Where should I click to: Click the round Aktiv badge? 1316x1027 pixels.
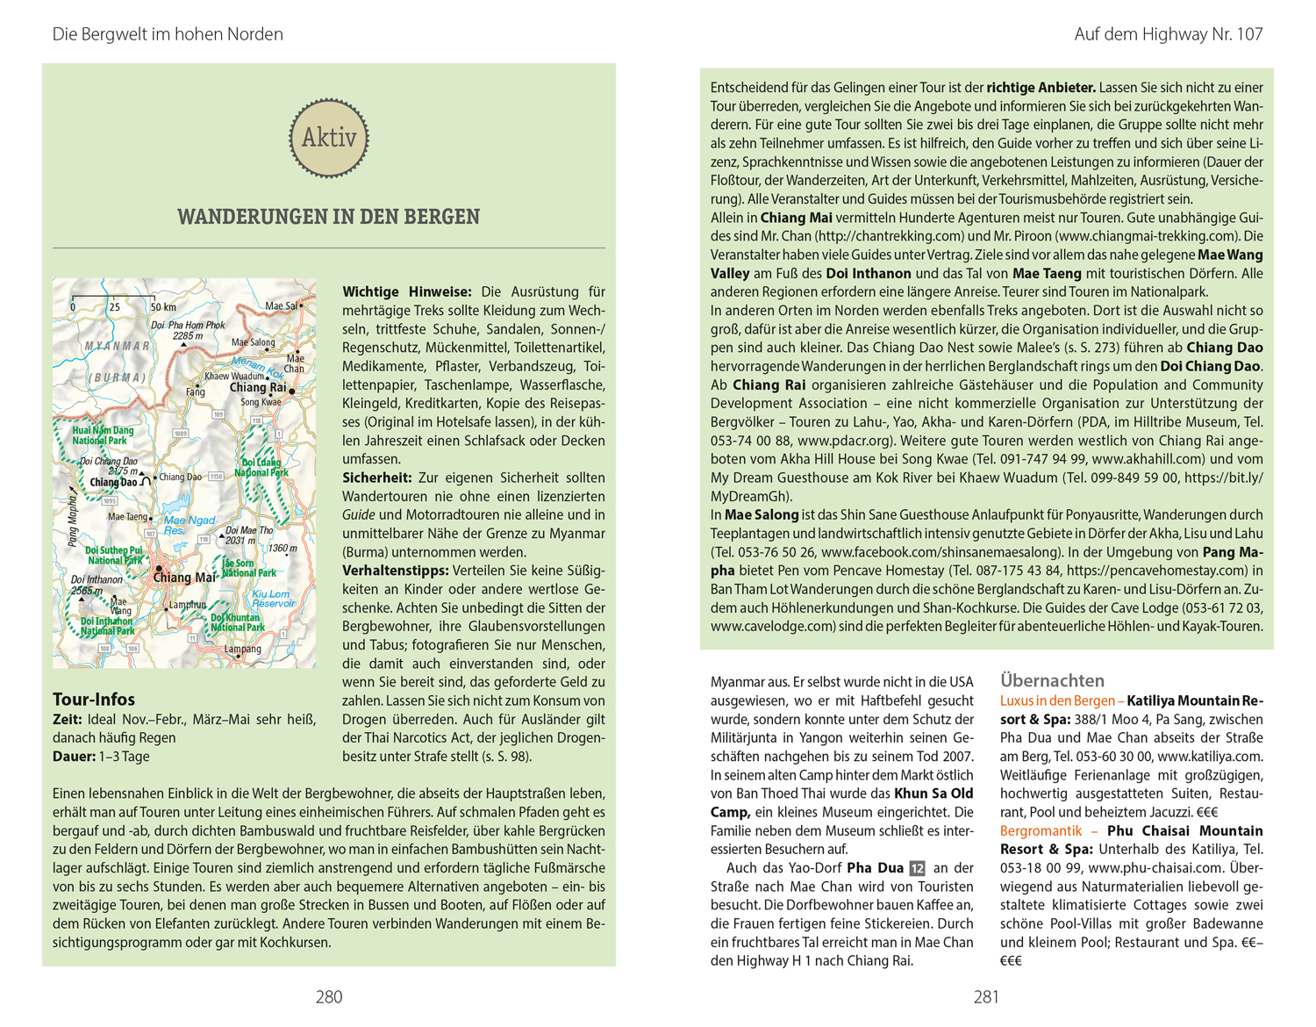click(x=329, y=138)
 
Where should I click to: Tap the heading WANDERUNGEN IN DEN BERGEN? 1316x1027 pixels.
click(x=328, y=217)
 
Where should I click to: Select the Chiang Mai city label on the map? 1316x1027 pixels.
click(x=184, y=577)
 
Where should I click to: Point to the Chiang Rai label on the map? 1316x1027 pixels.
click(x=258, y=387)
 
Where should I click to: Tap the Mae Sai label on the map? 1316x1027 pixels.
click(x=283, y=305)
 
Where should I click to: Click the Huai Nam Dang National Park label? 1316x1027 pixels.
click(x=103, y=435)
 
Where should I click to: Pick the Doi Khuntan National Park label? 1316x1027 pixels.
click(x=237, y=622)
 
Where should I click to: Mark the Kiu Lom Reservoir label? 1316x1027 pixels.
click(x=273, y=599)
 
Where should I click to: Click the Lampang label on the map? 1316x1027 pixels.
click(x=243, y=649)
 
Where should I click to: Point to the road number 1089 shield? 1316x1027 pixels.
click(x=181, y=433)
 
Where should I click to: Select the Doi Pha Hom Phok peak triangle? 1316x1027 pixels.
click(x=183, y=344)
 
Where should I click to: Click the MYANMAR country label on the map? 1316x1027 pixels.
click(x=117, y=346)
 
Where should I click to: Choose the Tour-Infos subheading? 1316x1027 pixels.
click(x=94, y=700)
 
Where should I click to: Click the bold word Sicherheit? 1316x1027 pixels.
click(x=376, y=478)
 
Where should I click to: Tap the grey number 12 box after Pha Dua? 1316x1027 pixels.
click(x=917, y=868)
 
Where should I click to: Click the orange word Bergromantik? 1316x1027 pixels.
click(x=1041, y=830)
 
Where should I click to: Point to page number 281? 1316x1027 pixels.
click(x=986, y=996)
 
